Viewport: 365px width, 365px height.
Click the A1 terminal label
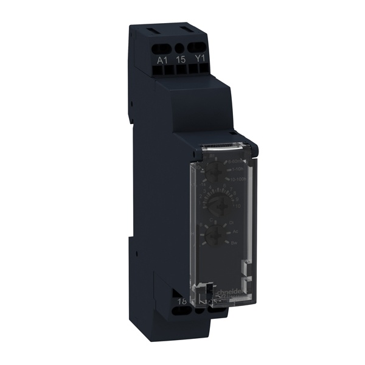[162, 60]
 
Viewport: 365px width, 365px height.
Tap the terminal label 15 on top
[180, 60]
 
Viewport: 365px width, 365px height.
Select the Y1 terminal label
[198, 60]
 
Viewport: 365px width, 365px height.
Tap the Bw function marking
[233, 242]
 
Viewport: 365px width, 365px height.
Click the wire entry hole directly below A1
[162, 69]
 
